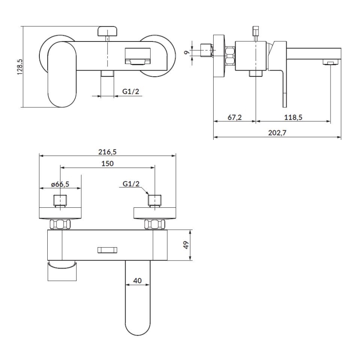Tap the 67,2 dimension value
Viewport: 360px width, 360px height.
coord(235,117)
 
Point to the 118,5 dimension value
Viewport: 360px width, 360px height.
coord(293,117)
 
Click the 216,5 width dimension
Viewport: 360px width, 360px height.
coord(107,152)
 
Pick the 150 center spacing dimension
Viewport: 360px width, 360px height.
coord(107,163)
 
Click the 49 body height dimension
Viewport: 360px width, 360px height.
coord(186,245)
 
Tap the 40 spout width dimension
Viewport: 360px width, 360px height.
coord(137,281)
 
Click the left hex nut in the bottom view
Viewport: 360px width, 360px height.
coord(60,224)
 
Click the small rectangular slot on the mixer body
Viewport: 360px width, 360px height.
coord(107,250)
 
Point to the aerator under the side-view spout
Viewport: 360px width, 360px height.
coord(331,63)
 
